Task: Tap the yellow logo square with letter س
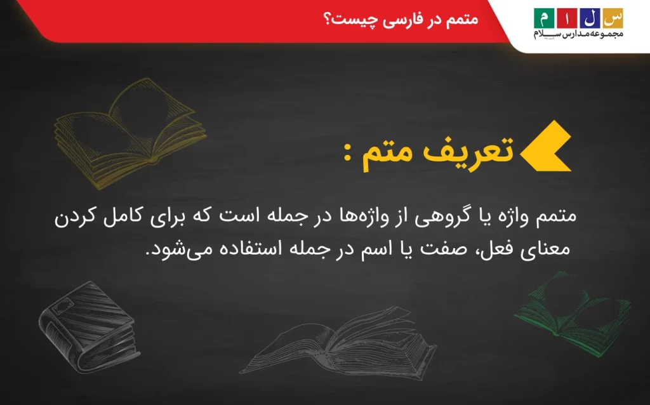613,17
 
